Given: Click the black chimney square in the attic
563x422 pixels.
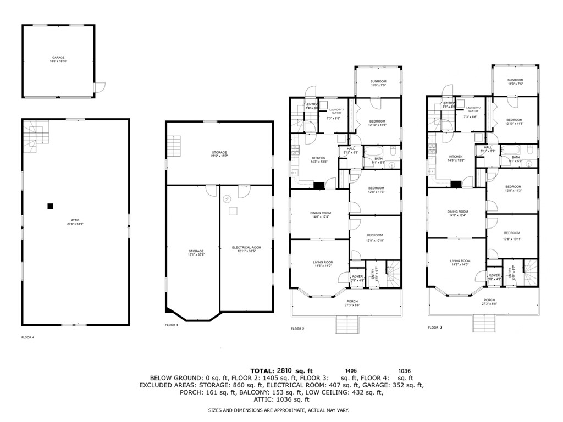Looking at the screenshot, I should [50, 206].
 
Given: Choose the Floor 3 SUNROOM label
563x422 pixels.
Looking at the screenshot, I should [515, 82].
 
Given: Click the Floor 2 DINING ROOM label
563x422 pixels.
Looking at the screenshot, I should [320, 214].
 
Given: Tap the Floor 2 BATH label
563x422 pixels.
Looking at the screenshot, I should [379, 159].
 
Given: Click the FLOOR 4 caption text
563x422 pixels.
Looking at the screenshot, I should [27, 337].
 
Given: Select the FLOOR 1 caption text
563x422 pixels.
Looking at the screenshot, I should [172, 325].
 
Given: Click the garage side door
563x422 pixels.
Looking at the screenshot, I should [100, 87].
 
